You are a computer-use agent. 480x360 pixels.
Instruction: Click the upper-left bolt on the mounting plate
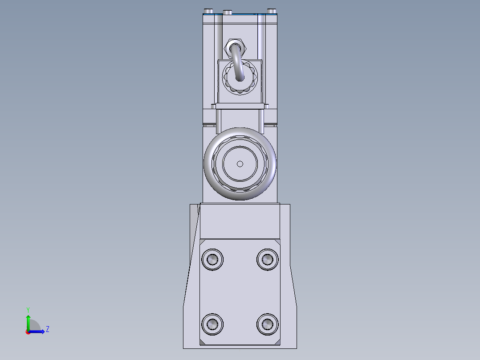click(x=212, y=259)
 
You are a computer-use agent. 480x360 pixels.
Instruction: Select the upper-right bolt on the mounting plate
click(x=268, y=259)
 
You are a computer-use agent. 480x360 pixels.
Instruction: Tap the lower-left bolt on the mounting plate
click(x=212, y=324)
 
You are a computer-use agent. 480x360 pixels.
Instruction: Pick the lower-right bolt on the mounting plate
click(x=268, y=324)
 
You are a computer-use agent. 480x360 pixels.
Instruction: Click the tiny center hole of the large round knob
click(x=240, y=164)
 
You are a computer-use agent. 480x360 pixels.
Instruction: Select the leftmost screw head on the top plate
click(x=208, y=11)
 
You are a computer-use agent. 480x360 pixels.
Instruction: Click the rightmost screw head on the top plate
click(x=272, y=11)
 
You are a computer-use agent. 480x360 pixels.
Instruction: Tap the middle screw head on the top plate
click(x=228, y=12)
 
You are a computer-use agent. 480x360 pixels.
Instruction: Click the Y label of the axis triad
click(x=28, y=309)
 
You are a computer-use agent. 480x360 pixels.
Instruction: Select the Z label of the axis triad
click(x=47, y=329)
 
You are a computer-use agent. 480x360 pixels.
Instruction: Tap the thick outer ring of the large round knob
click(x=209, y=164)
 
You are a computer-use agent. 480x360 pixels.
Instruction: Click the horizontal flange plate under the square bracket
click(x=240, y=106)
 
